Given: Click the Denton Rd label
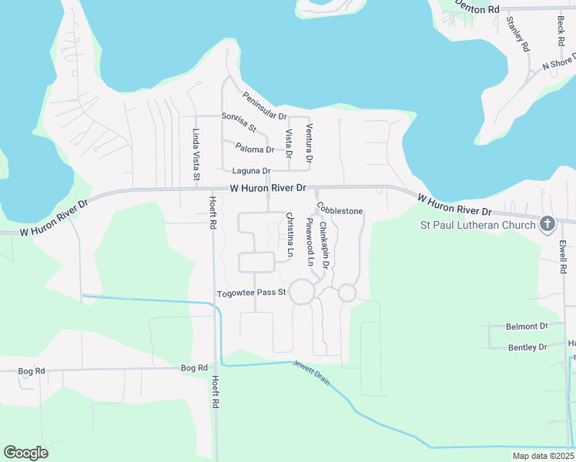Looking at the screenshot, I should [x=477, y=8].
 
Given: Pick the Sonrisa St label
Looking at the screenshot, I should [x=239, y=122].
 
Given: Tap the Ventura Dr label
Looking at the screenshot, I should [x=309, y=142].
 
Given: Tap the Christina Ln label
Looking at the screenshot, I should [x=290, y=234].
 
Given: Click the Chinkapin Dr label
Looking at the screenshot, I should [x=324, y=244].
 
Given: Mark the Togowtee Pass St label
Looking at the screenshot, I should [x=252, y=293].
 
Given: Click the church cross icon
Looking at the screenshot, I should [x=547, y=225].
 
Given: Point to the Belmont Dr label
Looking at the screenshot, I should [x=527, y=326].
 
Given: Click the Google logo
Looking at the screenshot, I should [x=25, y=453].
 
